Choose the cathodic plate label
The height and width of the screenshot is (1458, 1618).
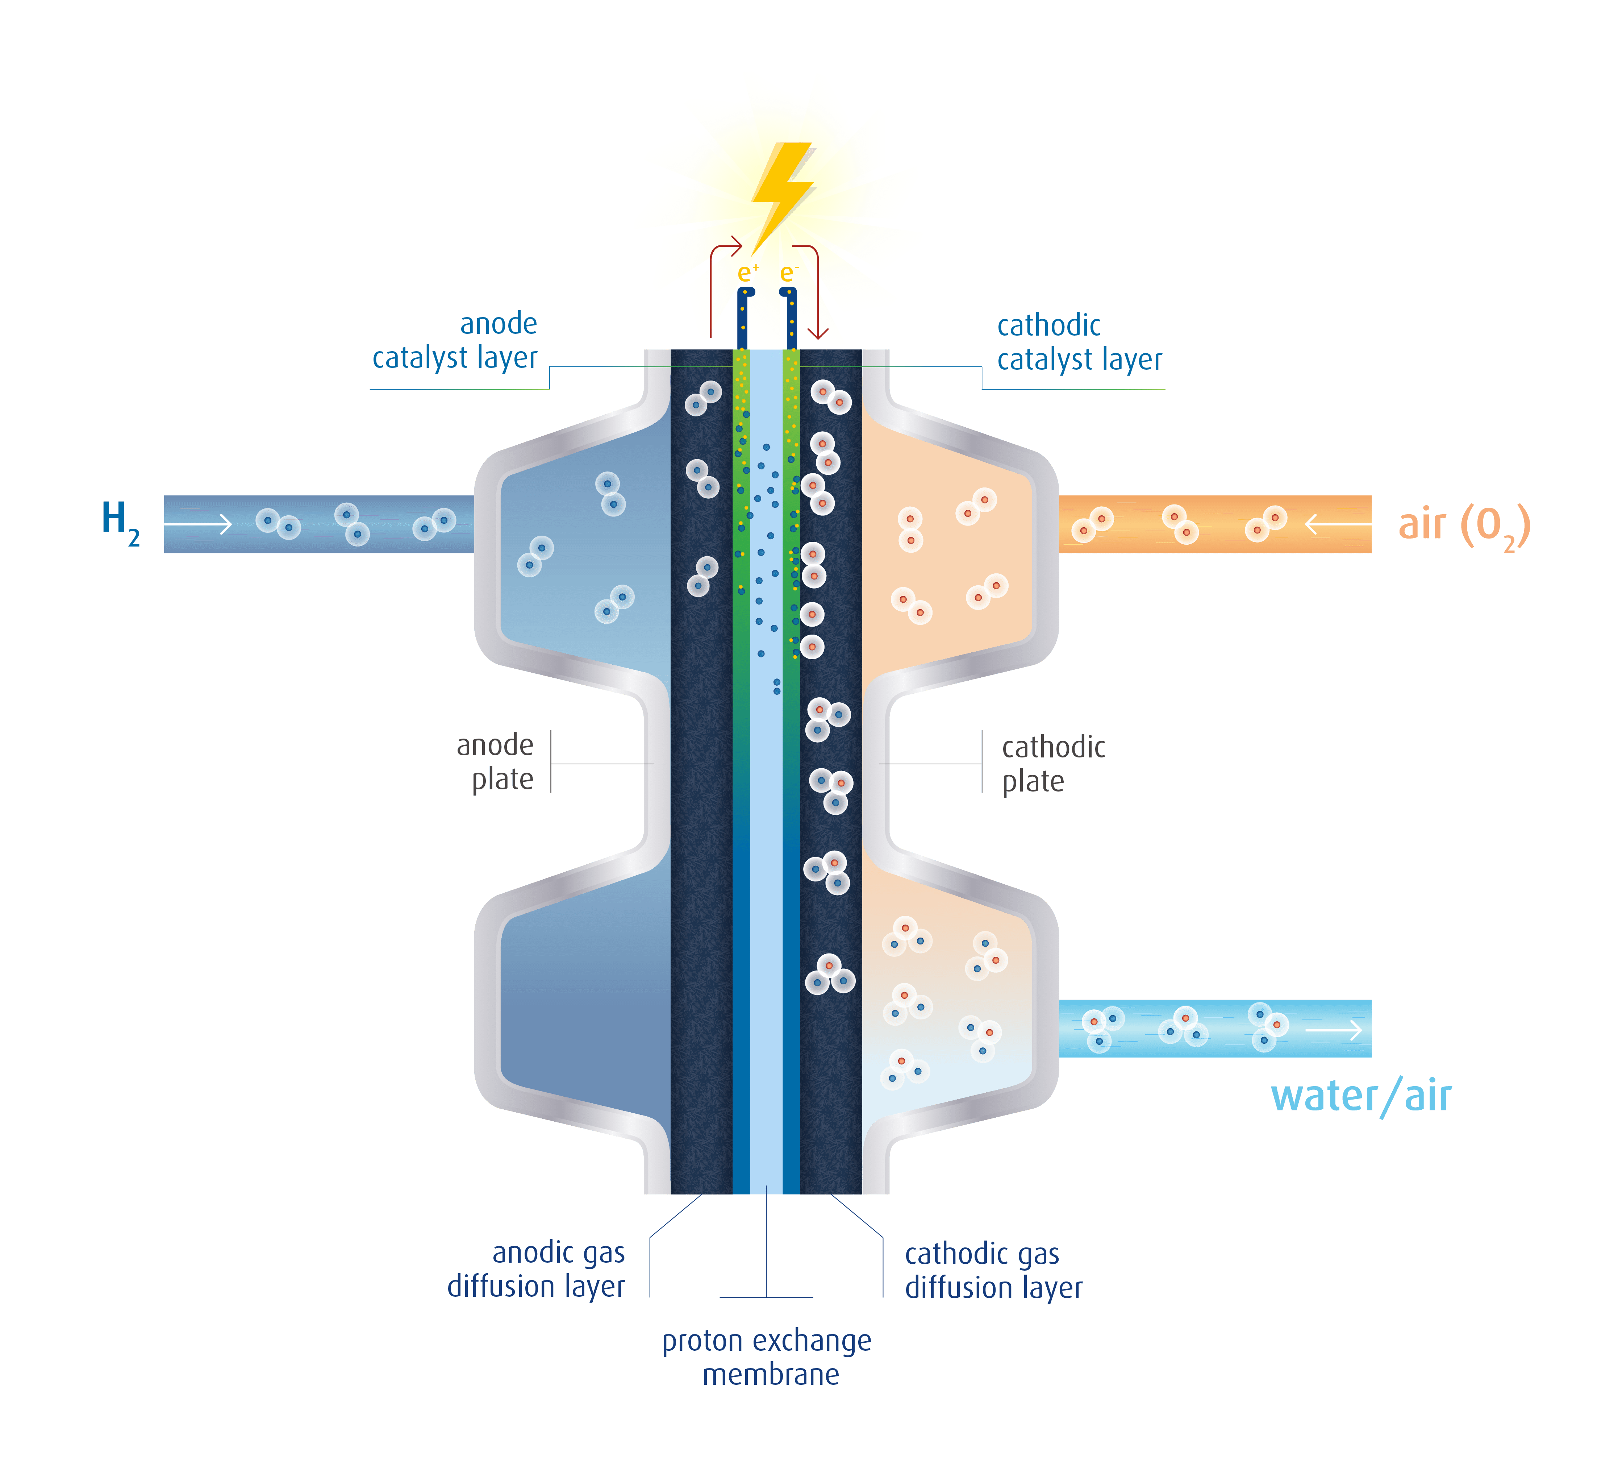point(1052,764)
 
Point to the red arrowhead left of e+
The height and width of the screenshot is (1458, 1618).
point(735,246)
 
